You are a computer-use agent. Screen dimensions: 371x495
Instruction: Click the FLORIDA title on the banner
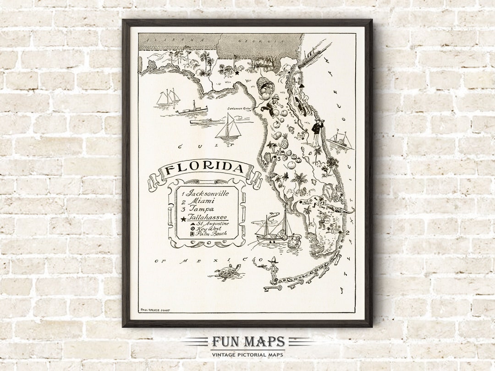point(204,169)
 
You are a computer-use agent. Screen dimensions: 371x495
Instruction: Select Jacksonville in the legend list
point(207,193)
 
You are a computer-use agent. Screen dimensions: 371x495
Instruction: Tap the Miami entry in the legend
point(201,201)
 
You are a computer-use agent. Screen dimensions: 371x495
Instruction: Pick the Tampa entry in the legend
point(201,209)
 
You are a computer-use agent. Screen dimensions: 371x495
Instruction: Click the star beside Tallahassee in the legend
point(183,219)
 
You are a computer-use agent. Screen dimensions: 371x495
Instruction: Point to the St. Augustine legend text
point(212,224)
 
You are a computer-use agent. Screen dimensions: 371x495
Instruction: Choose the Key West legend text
point(209,229)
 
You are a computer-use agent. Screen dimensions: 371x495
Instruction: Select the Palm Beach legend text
point(211,234)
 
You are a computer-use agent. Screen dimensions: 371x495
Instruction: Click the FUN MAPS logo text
point(248,342)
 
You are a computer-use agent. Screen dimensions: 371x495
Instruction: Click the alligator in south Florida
point(339,209)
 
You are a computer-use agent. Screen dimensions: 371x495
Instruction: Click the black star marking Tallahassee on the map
point(237,72)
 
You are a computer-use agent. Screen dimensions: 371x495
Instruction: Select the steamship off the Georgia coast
point(315,54)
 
